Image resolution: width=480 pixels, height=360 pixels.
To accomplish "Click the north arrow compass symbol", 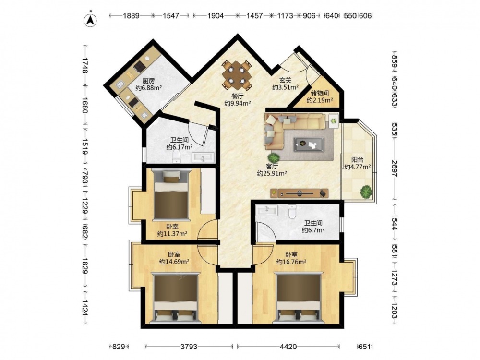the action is tap(90, 20).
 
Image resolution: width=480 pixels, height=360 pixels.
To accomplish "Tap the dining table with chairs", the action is tap(237, 74).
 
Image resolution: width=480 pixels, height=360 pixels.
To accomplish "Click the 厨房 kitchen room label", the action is tap(148, 81).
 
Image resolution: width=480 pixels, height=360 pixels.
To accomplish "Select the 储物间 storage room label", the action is tap(320, 93).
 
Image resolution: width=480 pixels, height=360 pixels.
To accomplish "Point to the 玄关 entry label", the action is tap(285, 80).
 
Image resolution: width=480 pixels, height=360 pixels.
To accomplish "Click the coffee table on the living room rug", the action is tap(309, 144).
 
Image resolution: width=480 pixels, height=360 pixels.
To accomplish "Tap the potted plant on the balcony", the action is tap(366, 192).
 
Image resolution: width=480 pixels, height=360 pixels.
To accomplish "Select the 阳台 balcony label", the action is tap(357, 159).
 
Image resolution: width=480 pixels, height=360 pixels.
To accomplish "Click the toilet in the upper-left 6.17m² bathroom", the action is tap(177, 157).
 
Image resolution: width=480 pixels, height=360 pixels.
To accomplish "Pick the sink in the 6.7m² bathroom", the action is tap(267, 210).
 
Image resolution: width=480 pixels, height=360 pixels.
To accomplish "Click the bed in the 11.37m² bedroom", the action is tap(171, 195).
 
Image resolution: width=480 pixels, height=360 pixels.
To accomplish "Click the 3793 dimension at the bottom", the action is tap(189, 347).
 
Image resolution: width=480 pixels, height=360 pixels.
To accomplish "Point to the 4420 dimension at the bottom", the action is tap(288, 347).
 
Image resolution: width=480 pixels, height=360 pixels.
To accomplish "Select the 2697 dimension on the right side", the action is tap(395, 168).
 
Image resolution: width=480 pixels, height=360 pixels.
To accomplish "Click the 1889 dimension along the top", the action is tap(131, 16).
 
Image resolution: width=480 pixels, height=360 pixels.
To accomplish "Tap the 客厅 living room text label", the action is tap(272, 166).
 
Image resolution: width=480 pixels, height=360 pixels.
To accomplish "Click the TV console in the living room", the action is tap(300, 193).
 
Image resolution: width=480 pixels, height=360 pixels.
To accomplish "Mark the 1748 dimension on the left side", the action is tap(85, 65).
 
